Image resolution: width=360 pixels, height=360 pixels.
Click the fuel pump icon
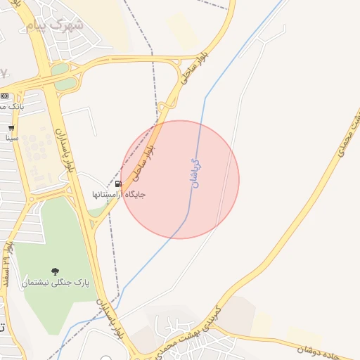[x=118, y=184]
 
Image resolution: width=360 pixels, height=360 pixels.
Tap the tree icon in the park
[x=55, y=271]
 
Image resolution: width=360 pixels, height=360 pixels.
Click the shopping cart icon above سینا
[x=11, y=128]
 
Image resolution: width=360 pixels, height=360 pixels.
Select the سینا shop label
[x=11, y=138]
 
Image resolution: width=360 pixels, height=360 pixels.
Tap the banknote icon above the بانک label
[x=4, y=96]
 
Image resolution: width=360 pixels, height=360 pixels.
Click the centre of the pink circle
[x=180, y=179]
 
